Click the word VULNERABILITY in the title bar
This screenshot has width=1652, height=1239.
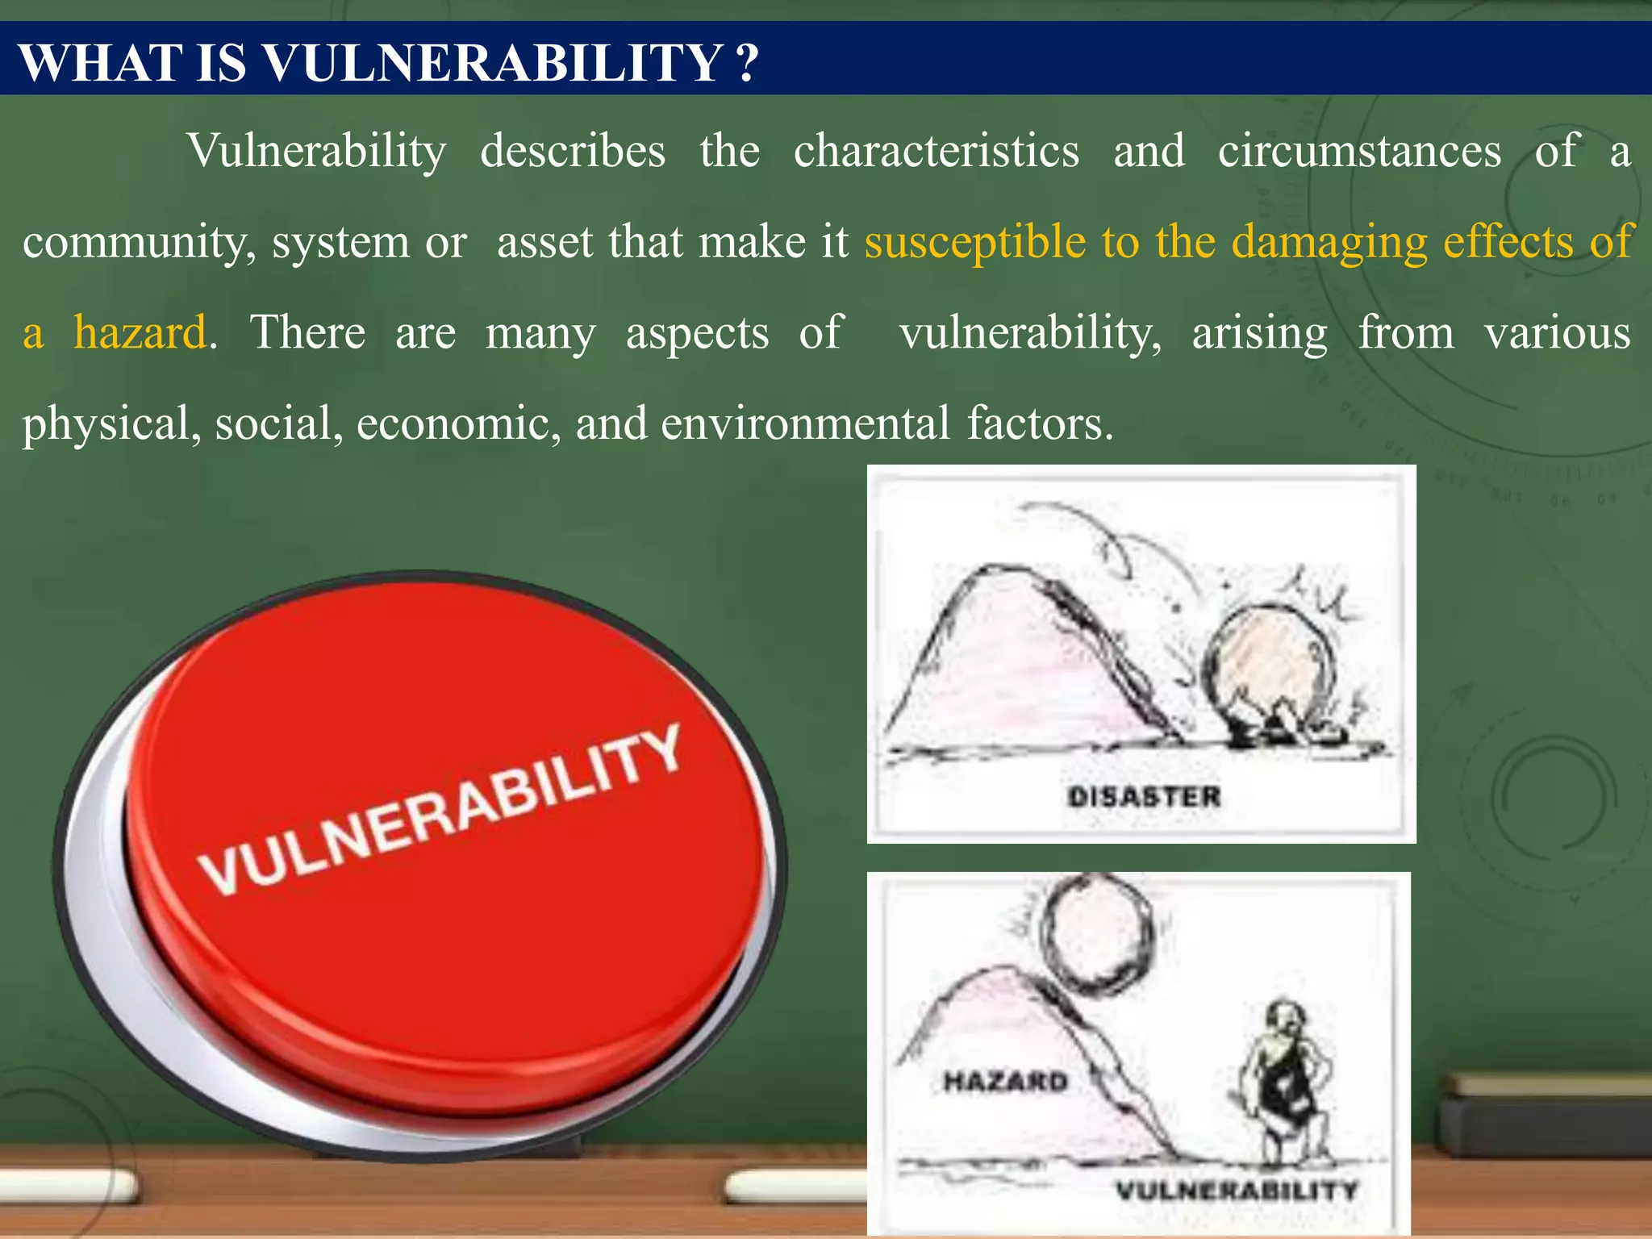tap(492, 62)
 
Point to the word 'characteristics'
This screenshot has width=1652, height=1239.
tap(936, 151)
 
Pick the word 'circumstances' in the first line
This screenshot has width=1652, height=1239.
tap(1359, 151)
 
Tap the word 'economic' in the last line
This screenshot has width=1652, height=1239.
tap(458, 423)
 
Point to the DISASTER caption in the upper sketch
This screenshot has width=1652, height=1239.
tap(1144, 797)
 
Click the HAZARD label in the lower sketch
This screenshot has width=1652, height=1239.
tap(1005, 1081)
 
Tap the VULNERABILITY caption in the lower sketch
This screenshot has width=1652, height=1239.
tap(1237, 1190)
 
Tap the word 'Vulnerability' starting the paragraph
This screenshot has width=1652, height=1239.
tap(316, 151)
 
